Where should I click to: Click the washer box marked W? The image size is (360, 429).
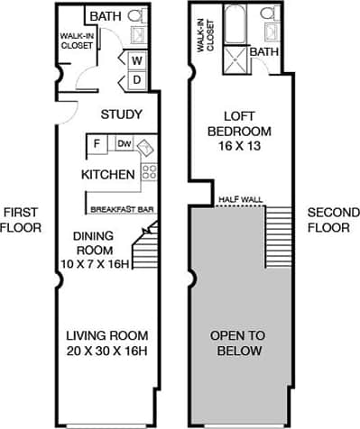138,60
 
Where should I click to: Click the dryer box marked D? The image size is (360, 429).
138,79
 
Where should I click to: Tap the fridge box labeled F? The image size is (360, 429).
95,143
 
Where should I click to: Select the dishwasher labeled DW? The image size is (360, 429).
124,143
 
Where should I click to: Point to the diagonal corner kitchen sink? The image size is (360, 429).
146,145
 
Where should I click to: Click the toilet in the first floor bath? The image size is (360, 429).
136,16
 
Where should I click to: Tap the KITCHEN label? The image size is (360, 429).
108,174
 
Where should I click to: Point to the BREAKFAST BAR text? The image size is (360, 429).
115,209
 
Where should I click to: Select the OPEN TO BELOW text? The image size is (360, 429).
240,343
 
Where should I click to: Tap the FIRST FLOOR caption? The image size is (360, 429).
20,220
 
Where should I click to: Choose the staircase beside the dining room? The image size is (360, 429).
146,244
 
